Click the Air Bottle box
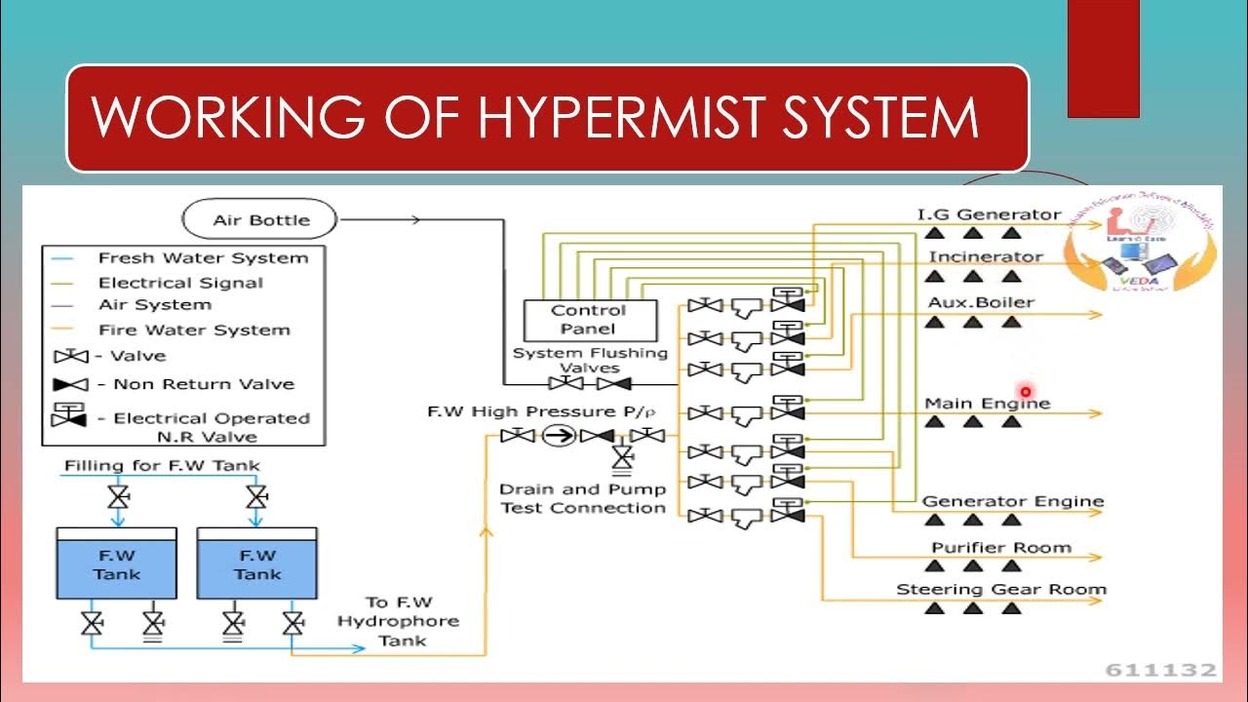260,219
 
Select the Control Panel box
589,320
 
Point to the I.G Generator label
988,214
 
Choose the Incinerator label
985,257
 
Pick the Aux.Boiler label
980,302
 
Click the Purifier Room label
1000,548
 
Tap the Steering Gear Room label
1000,590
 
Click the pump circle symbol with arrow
559,436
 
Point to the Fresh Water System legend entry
203,258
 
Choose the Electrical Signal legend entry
180,283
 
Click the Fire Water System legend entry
194,331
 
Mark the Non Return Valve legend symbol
70,384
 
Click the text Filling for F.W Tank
162,466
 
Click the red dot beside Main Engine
1025,392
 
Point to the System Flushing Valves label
590,361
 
